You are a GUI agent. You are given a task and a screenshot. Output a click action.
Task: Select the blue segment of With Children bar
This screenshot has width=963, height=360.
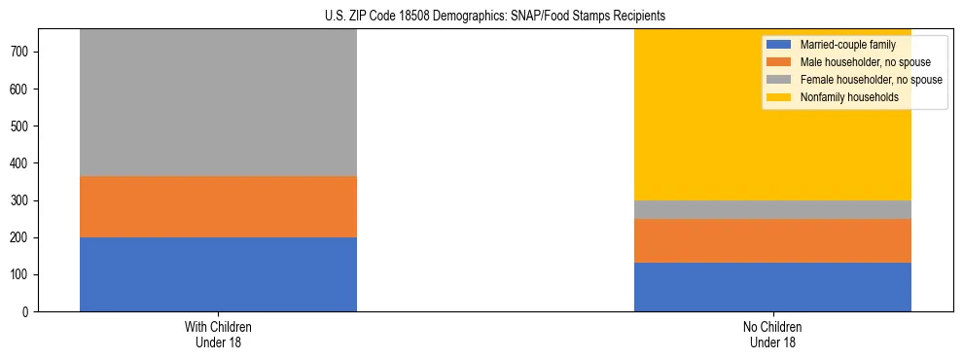point(218,274)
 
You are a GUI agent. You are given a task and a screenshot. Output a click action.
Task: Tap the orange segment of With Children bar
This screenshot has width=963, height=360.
point(218,206)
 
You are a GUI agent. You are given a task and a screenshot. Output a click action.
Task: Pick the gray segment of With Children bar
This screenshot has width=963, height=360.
point(218,103)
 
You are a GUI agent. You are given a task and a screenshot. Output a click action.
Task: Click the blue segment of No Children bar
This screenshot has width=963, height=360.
point(772,287)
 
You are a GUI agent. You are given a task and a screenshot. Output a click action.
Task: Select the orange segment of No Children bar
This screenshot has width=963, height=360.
point(772,240)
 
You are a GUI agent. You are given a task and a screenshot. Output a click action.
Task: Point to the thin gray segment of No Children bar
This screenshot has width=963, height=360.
point(772,209)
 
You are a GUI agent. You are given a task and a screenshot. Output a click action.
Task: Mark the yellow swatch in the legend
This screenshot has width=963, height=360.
point(780,97)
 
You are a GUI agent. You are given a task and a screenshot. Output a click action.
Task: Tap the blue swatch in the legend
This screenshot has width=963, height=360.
point(780,45)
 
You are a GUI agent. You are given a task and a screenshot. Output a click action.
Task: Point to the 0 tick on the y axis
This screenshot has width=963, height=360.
point(30,312)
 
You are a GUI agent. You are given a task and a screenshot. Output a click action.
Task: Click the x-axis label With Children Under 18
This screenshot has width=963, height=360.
point(218,334)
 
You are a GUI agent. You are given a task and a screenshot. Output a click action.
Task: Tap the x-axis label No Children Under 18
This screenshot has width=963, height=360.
point(772,334)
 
